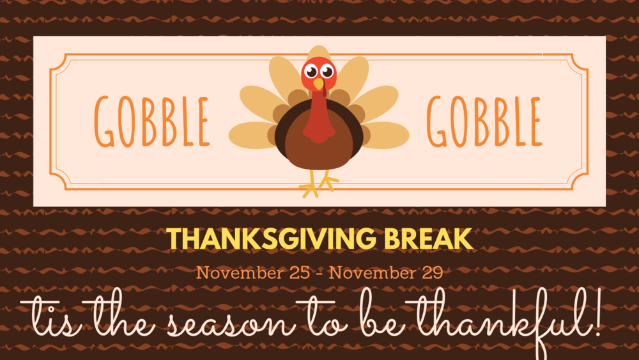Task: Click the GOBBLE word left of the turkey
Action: coord(152,121)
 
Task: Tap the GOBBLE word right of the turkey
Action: coord(484,121)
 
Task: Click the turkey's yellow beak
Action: coord(319,84)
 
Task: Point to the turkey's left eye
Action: coord(311,72)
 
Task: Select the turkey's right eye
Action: coord(327,72)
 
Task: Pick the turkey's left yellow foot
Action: coord(311,185)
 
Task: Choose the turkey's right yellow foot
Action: coord(328,180)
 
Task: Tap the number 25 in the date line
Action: coord(300,273)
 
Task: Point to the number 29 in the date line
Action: coord(433,273)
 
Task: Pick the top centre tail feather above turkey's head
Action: coord(319,53)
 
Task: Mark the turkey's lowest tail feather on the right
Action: coord(386,135)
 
